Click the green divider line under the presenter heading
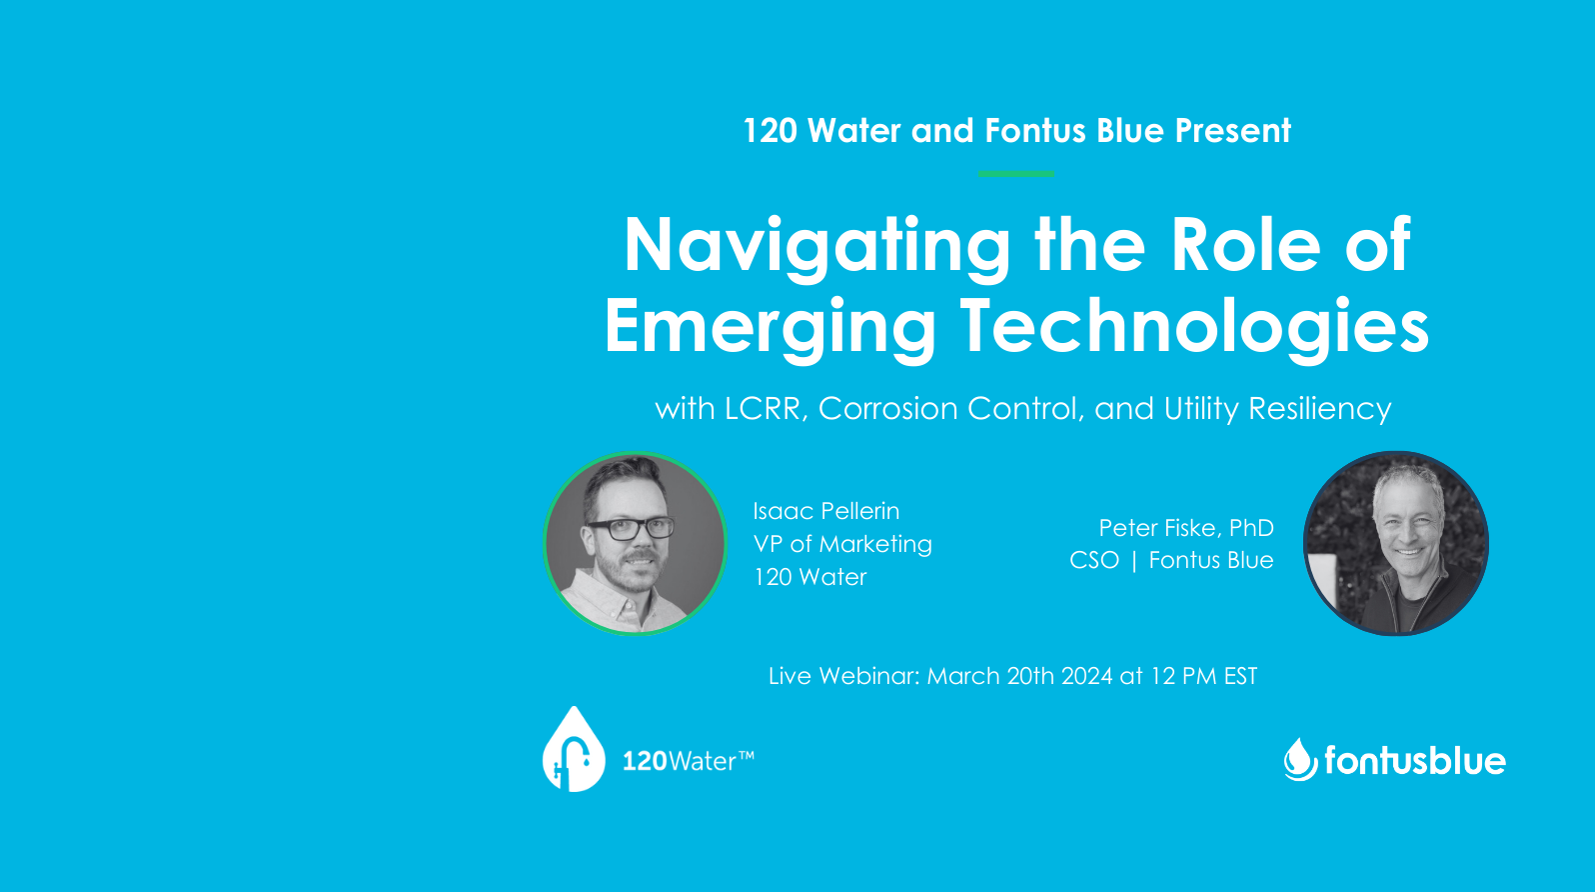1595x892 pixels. tap(1016, 173)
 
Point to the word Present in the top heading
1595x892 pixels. tap(1232, 130)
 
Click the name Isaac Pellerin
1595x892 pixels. tap(825, 511)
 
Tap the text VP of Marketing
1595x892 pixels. tap(842, 544)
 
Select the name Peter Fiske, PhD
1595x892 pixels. tap(1186, 527)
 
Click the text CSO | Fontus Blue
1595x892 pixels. tap(1171, 560)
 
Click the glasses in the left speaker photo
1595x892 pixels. tap(630, 528)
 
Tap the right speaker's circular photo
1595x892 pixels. tap(1395, 543)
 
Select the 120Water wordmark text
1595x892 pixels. tap(689, 761)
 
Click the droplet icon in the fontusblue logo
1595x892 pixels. tap(1301, 759)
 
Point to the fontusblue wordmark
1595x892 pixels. tap(1415, 759)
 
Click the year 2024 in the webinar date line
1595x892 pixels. tap(1086, 675)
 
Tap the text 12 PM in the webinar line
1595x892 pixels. tap(1183, 675)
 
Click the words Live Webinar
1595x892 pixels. tap(844, 675)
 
